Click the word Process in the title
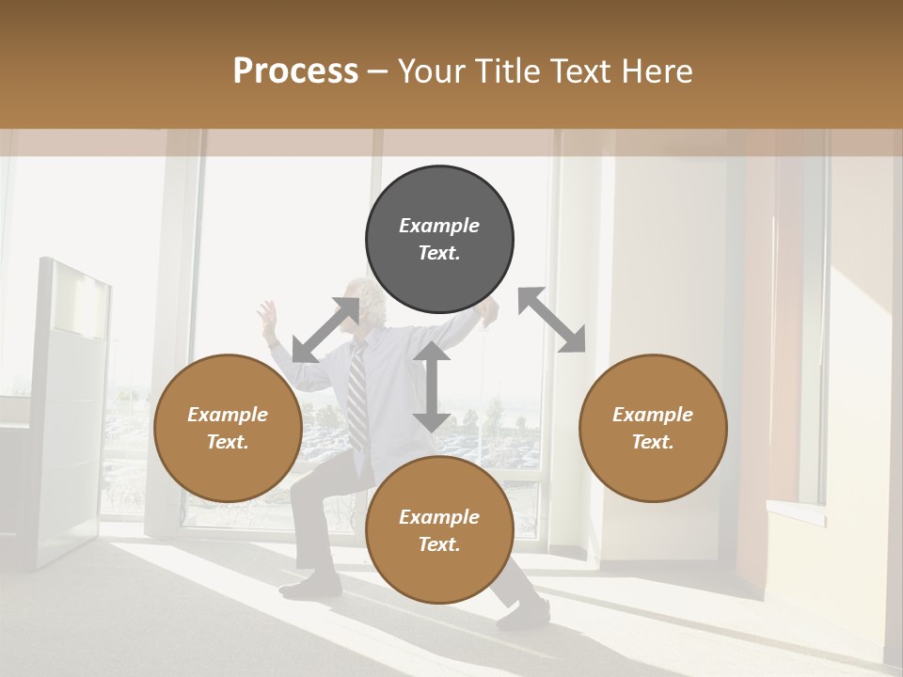click(x=295, y=71)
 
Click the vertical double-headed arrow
click(x=432, y=386)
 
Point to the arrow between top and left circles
click(x=325, y=330)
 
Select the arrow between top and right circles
click(x=552, y=320)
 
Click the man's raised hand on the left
click(x=269, y=314)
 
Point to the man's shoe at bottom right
click(x=523, y=616)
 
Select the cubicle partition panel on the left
click(x=71, y=414)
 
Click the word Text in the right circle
click(x=653, y=442)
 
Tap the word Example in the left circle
click(x=227, y=415)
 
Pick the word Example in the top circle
click(x=439, y=226)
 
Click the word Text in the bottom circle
click(x=439, y=544)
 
